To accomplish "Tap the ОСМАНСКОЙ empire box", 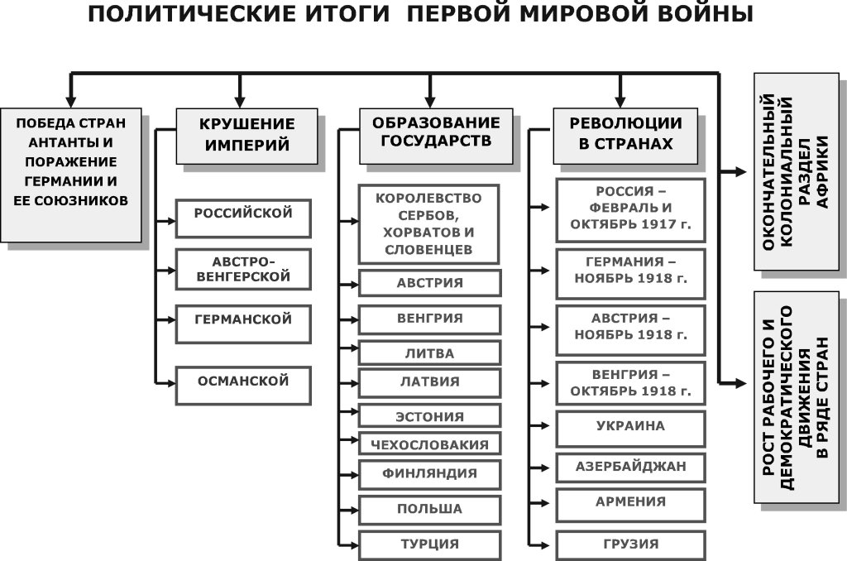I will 243,382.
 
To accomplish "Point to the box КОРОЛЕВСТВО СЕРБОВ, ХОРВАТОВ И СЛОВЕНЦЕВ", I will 429,223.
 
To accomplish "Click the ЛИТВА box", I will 429,353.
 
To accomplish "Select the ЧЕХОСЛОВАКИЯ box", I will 429,444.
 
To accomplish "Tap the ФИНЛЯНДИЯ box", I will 429,474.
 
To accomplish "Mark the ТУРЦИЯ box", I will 429,544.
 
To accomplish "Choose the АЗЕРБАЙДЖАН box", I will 631,467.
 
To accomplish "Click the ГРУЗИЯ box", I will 631,544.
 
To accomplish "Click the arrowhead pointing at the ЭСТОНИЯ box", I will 354,416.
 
